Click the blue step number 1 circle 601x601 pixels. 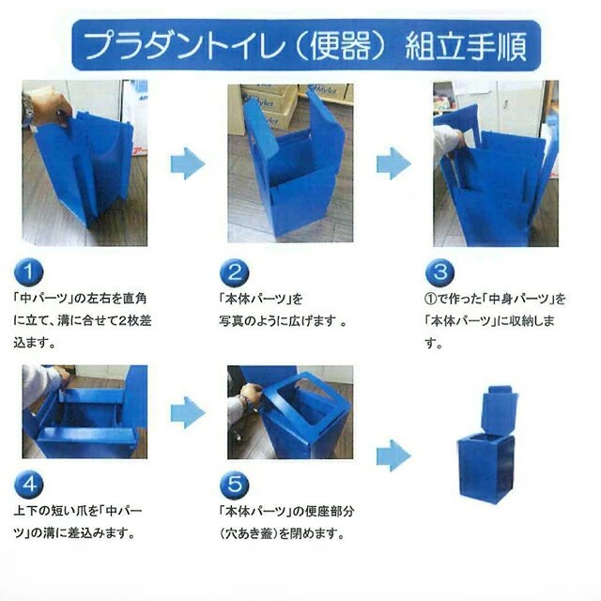(29, 272)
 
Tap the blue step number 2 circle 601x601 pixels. (234, 272)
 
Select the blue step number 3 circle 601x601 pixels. (439, 272)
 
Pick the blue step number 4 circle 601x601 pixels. (29, 485)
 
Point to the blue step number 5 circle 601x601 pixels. (234, 485)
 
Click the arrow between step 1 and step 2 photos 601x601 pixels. (188, 163)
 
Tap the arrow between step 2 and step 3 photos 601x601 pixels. (393, 163)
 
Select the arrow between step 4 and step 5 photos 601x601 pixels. (188, 412)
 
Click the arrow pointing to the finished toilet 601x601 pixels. (393, 455)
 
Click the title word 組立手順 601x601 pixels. (466, 46)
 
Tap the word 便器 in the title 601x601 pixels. (340, 46)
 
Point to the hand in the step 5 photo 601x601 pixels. (249, 394)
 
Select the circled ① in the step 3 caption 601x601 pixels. (430, 299)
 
